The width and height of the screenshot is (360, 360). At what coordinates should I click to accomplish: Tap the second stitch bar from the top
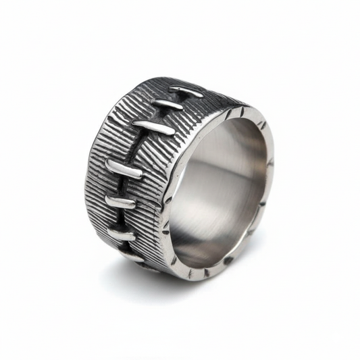click(167, 105)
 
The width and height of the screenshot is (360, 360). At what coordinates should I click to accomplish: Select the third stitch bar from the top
click(153, 126)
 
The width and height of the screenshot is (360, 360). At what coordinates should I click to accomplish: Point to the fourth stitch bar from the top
click(124, 169)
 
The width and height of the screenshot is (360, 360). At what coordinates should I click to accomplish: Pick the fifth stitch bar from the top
click(121, 202)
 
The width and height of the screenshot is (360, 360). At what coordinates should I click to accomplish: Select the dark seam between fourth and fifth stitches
click(122, 186)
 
